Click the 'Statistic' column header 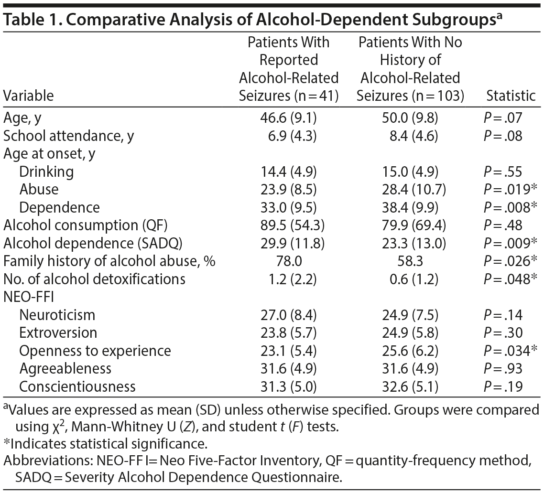pyautogui.click(x=511, y=96)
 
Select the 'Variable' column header pyautogui.click(x=28, y=96)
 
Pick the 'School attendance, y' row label pyautogui.click(x=69, y=136)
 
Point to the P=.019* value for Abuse pyautogui.click(x=511, y=190)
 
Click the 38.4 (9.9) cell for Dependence pyautogui.click(x=411, y=208)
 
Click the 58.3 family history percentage pyautogui.click(x=411, y=261)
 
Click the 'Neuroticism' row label pyautogui.click(x=57, y=315)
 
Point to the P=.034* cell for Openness pyautogui.click(x=511, y=351)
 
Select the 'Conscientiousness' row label pyautogui.click(x=77, y=386)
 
